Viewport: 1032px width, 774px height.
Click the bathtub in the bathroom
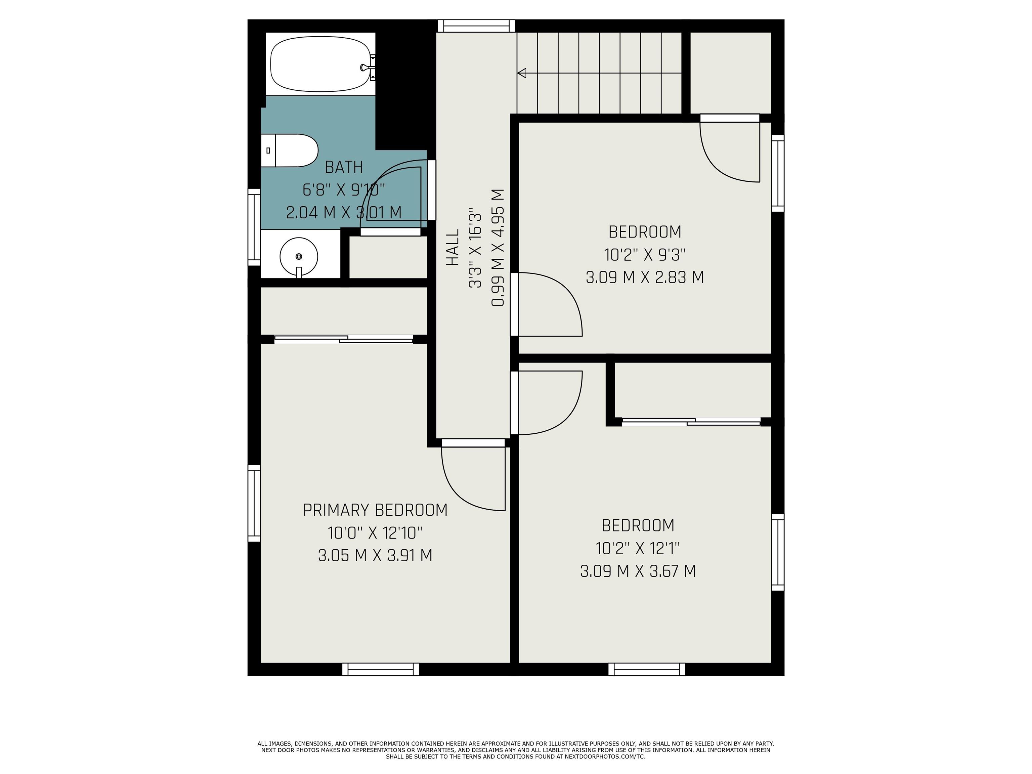tap(320, 64)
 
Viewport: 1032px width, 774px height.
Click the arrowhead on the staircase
tap(522, 73)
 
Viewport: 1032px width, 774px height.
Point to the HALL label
tap(453, 248)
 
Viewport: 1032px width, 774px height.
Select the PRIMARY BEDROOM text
tap(375, 510)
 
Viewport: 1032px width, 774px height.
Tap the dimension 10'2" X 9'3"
tap(645, 255)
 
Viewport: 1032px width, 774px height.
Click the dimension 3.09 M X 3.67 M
tap(638, 571)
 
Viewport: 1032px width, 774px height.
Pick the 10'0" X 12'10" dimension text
tap(375, 532)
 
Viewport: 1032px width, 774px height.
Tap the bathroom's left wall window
tap(254, 227)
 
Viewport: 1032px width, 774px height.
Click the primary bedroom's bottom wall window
tap(380, 669)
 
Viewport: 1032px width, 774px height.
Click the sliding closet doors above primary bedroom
tap(343, 339)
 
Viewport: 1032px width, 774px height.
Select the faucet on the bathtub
tap(365, 67)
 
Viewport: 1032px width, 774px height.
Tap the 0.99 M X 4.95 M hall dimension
tap(498, 248)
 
